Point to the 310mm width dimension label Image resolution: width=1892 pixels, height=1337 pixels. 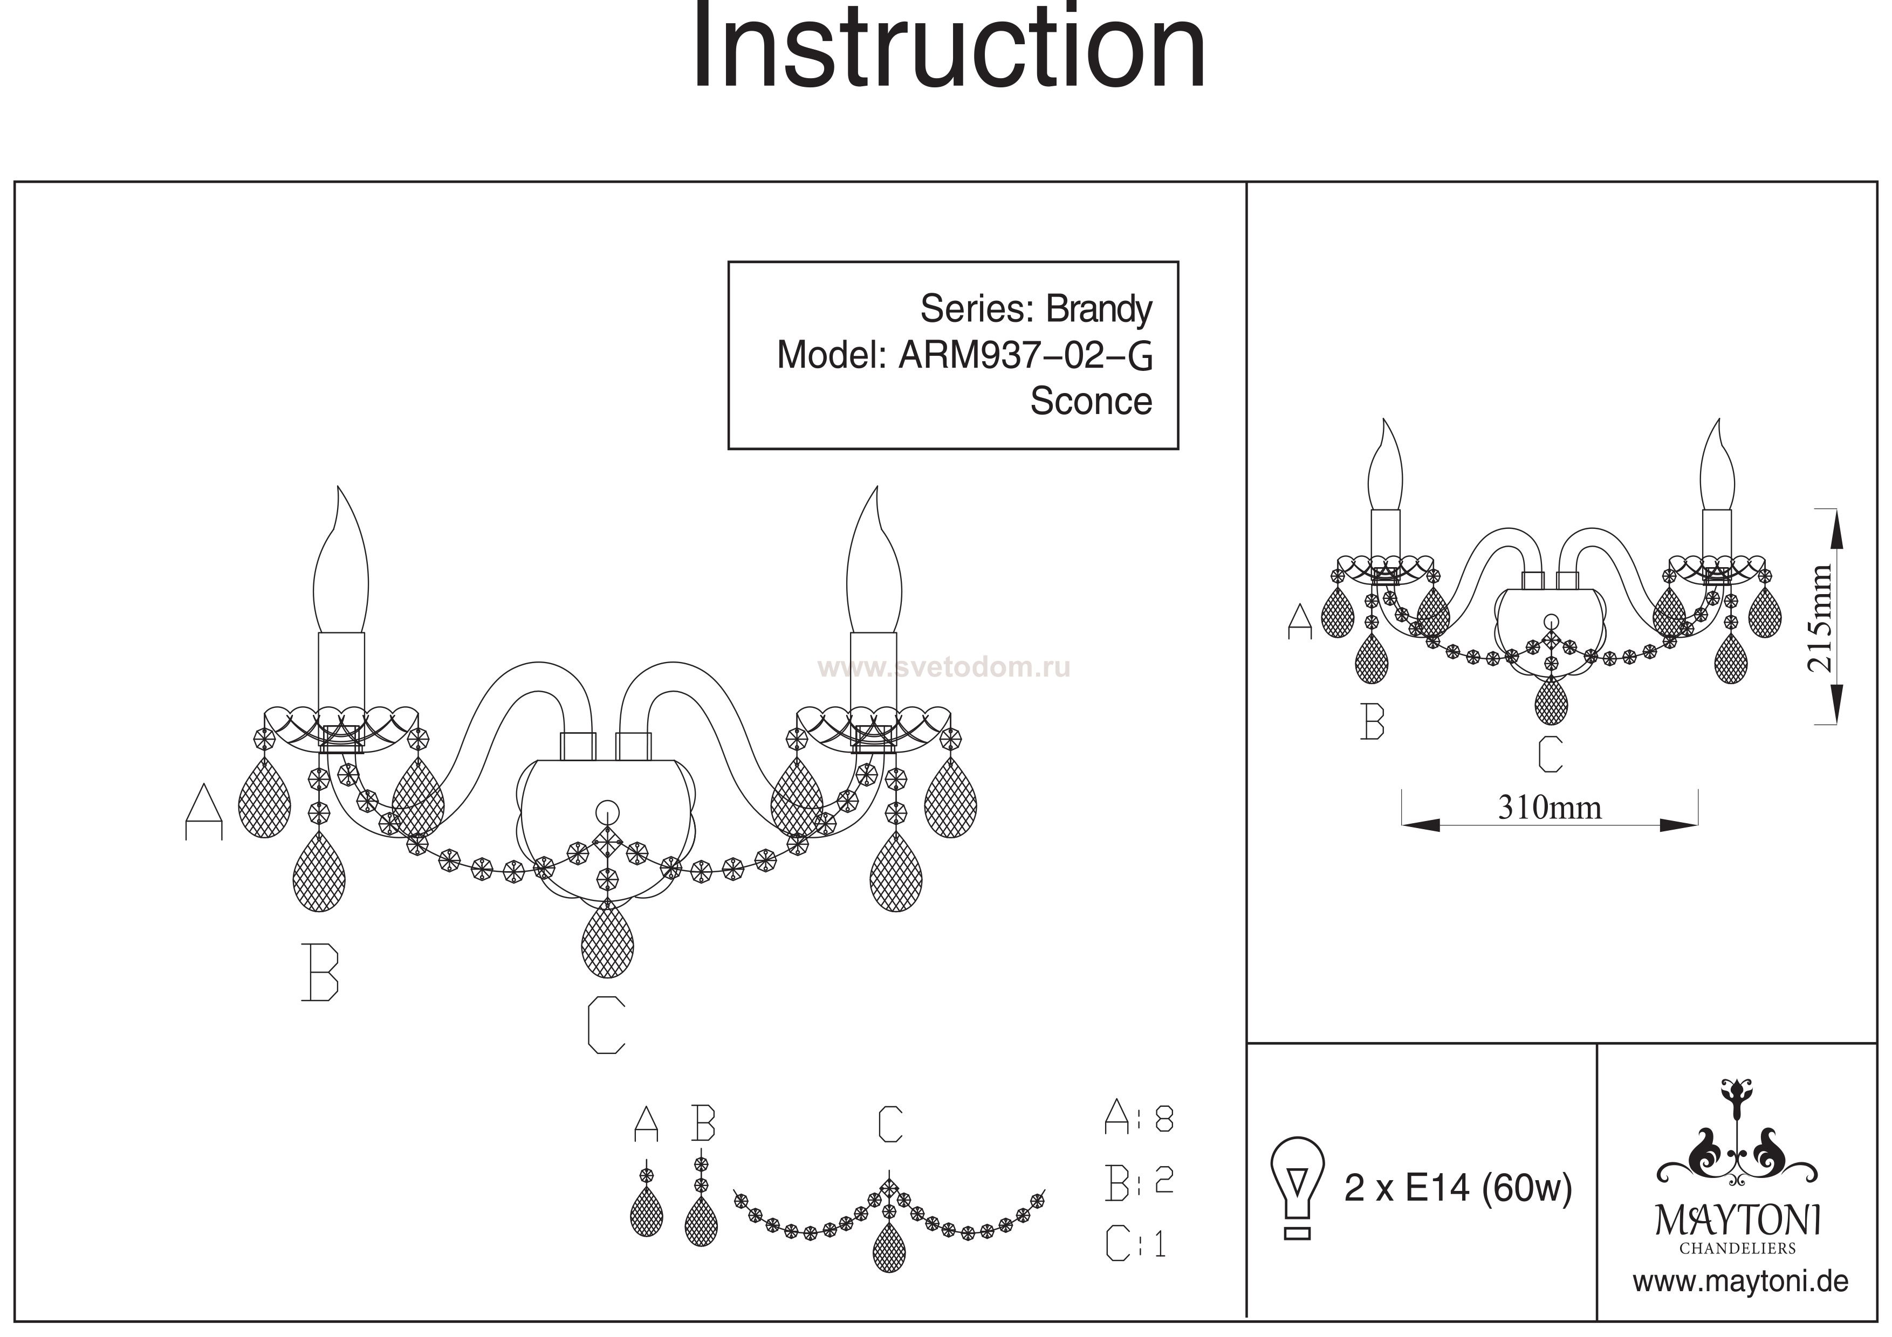(1549, 807)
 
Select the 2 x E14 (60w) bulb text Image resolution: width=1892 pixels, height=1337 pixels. (1458, 1188)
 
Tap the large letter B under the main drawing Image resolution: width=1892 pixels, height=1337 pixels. (320, 972)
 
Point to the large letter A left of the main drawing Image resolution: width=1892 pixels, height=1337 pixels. (203, 811)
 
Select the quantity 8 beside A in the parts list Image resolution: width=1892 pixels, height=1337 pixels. (1164, 1118)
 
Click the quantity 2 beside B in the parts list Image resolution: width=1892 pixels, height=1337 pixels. (1163, 1181)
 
